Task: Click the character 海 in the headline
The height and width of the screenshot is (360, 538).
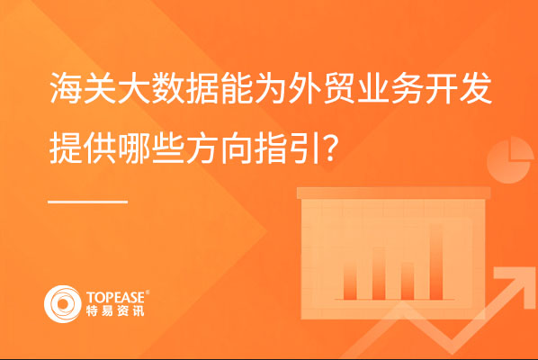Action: pyautogui.click(x=66, y=88)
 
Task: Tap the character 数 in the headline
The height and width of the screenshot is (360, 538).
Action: pyautogui.click(x=168, y=88)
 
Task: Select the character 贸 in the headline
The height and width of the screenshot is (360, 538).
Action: pyautogui.click(x=339, y=88)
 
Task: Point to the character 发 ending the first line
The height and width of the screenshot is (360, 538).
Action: pyautogui.click(x=476, y=88)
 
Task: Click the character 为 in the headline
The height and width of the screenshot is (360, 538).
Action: pyautogui.click(x=271, y=88)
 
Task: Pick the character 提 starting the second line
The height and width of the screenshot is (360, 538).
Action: pyautogui.click(x=66, y=148)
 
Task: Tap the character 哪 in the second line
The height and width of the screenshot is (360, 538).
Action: pyautogui.click(x=134, y=148)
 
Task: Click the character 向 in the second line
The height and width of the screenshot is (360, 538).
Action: pyautogui.click(x=237, y=148)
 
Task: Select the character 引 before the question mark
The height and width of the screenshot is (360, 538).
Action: pyautogui.click(x=305, y=148)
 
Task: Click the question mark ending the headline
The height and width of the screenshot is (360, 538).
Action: pyautogui.click(x=330, y=148)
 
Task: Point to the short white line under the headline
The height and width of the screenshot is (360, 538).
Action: pyautogui.click(x=88, y=202)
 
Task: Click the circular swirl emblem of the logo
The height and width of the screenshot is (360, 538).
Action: pyautogui.click(x=63, y=304)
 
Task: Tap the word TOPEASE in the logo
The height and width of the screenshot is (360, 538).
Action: pyautogui.click(x=115, y=297)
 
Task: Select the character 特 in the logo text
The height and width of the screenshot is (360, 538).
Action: pyautogui.click(x=92, y=310)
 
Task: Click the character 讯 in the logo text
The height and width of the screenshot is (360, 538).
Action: pyautogui.click(x=139, y=310)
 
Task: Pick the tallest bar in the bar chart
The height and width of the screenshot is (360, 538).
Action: pyautogui.click(x=435, y=262)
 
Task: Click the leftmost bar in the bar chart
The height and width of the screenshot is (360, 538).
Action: pyautogui.click(x=350, y=281)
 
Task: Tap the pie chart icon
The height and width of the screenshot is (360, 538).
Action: pyautogui.click(x=510, y=159)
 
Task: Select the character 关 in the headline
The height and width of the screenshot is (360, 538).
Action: pyautogui.click(x=100, y=88)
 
